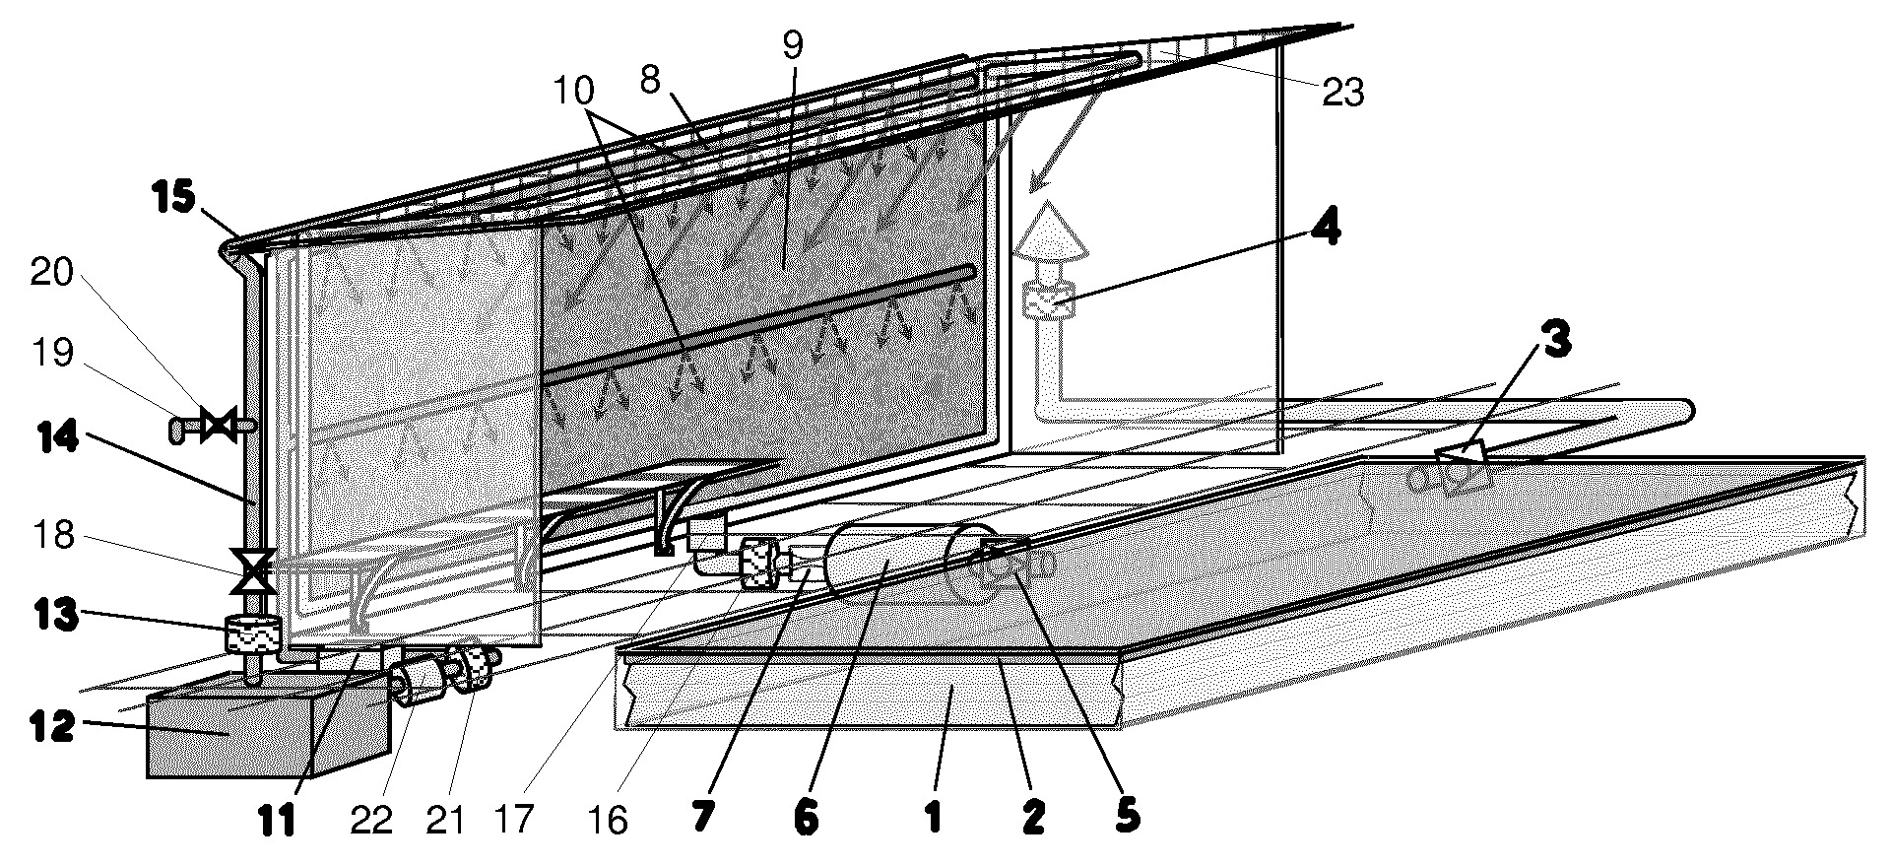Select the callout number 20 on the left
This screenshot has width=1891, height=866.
coord(53,273)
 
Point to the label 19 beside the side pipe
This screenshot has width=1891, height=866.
coord(53,353)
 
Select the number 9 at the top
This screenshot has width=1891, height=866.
coord(793,45)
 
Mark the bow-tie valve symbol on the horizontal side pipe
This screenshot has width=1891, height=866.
coord(217,426)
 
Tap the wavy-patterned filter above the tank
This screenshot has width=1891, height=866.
coord(251,634)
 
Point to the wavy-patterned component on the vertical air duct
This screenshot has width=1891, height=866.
coord(1049,300)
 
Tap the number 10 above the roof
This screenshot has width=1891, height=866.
coord(573,92)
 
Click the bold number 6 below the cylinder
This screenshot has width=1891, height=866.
coord(805,819)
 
